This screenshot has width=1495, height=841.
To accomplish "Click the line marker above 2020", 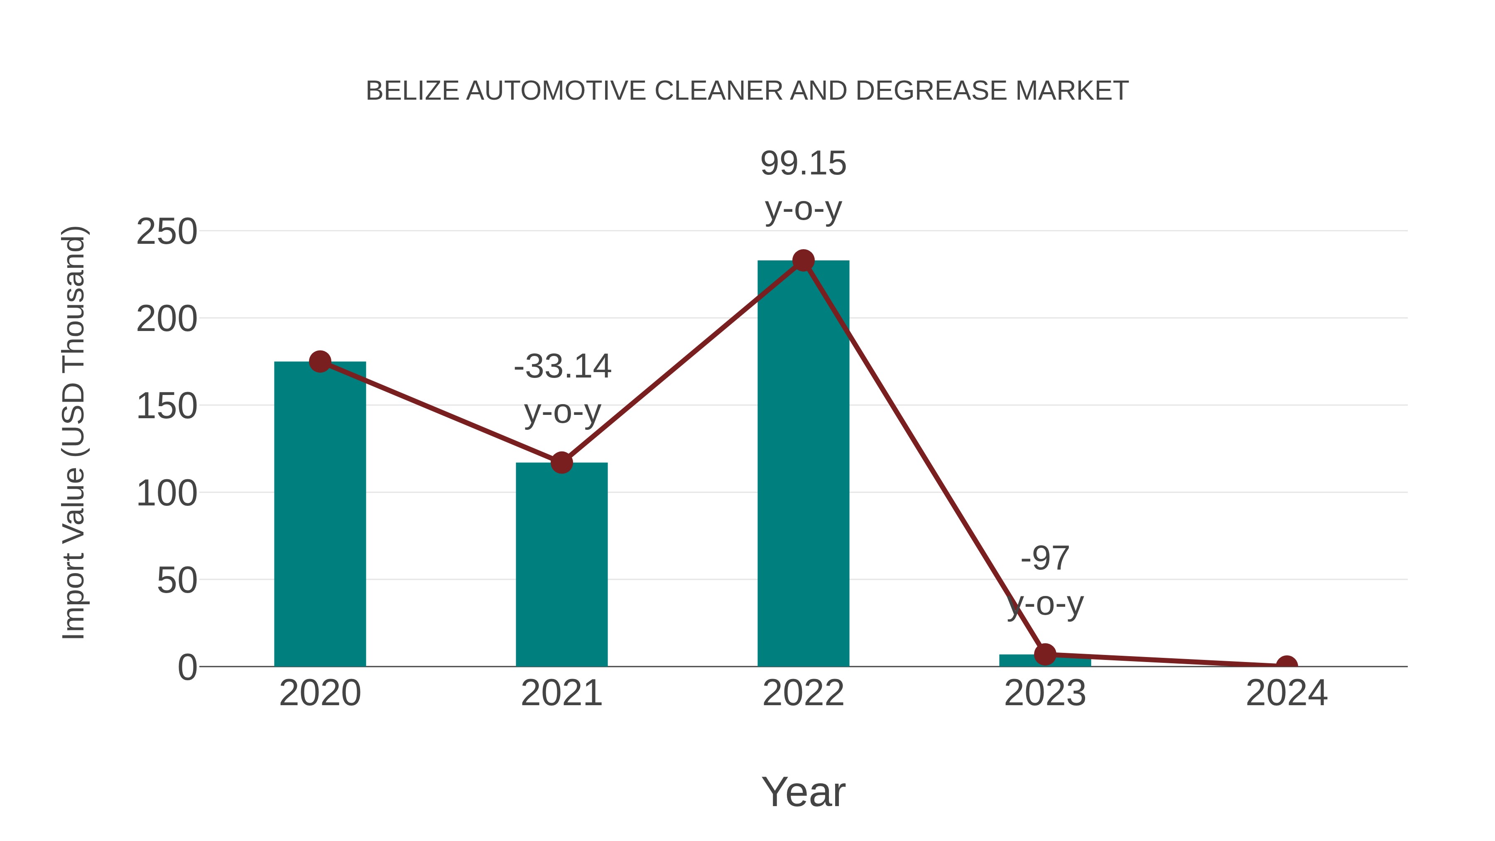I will (320, 362).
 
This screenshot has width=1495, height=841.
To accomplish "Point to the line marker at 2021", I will (561, 463).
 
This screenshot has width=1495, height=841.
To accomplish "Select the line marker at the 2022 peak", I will (803, 260).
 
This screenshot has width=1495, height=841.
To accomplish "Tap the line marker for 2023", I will (1045, 654).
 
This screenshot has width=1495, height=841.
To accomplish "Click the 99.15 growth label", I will (803, 164).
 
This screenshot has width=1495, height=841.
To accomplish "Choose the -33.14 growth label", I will (562, 367).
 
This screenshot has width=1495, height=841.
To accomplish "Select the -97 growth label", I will (1045, 558).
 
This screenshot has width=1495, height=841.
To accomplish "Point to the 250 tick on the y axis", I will (167, 232).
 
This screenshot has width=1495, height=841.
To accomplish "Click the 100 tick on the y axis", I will (167, 493).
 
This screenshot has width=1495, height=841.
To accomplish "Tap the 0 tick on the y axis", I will (187, 667).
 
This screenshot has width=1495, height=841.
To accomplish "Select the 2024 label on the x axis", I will (1287, 693).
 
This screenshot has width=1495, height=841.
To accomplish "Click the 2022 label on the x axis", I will (803, 693).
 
